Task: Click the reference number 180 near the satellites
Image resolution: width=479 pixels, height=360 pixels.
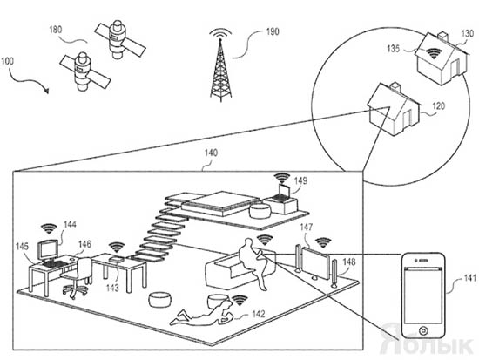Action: coord(55,30)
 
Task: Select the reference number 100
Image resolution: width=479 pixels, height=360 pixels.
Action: coord(7,61)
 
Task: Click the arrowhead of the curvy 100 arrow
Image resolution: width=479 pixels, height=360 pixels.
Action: coord(46,91)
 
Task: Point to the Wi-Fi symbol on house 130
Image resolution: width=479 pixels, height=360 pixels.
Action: coord(434,53)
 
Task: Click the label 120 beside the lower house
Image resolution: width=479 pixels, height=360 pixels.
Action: coord(439,106)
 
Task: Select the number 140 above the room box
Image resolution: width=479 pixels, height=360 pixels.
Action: coord(211,153)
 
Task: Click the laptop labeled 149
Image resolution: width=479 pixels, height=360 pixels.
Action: coord(282,192)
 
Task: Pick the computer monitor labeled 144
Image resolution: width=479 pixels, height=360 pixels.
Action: coord(48,249)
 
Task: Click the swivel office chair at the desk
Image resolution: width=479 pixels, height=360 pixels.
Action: coord(77,277)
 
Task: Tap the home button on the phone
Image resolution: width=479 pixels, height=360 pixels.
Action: coord(423,330)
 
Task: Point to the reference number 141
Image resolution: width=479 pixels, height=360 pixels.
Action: coord(469,278)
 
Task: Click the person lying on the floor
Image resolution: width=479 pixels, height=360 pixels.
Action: coord(202,313)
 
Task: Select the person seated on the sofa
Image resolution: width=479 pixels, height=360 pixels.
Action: coord(253,260)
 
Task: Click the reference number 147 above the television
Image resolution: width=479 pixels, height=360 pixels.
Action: coord(307,228)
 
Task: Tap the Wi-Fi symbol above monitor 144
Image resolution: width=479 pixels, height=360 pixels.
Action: coord(49,228)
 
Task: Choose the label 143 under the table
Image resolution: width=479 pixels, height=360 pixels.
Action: coord(112,288)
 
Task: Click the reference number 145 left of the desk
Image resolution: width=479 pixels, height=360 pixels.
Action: coord(22,247)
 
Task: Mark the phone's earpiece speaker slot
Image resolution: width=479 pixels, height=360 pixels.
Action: coord(423,260)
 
